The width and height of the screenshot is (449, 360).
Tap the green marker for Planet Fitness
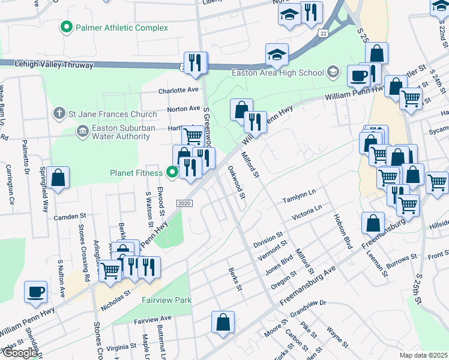coord(173,173)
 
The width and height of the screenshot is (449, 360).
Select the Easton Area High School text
coord(278,73)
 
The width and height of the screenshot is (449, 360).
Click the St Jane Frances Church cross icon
coord(59,112)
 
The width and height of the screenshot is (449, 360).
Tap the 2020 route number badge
coord(184,204)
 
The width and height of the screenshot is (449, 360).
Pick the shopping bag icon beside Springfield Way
coord(58,178)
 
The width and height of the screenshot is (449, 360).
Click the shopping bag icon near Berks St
coord(223,322)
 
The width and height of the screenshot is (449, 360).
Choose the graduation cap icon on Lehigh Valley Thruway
coord(277,55)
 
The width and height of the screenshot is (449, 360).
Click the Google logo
coord(20,353)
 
